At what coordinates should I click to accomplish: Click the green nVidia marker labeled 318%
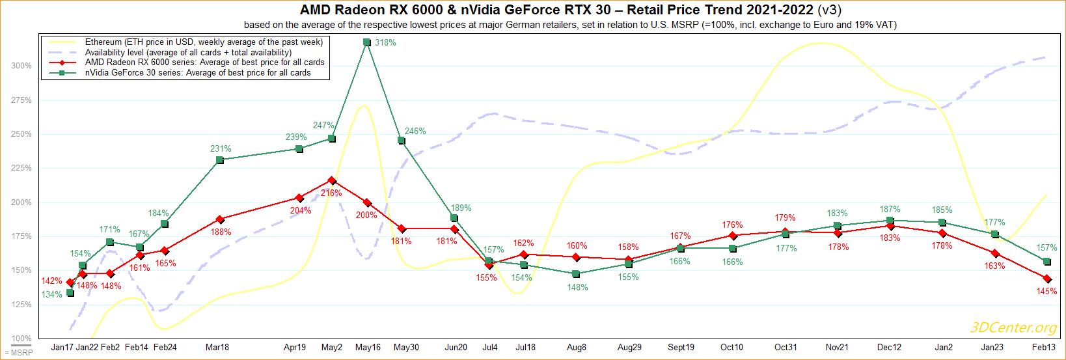(367, 42)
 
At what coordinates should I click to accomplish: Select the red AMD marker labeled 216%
(332, 180)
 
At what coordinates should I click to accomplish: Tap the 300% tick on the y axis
(21, 66)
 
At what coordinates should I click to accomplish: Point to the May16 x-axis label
(368, 348)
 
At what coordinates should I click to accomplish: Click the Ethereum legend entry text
(204, 42)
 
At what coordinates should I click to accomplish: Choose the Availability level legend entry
(188, 53)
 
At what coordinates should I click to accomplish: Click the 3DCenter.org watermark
(1013, 327)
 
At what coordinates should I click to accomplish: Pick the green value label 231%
(221, 149)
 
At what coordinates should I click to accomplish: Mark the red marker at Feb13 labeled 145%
(1047, 279)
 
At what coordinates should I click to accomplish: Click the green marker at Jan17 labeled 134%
(70, 293)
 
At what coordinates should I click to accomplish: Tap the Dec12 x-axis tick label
(889, 348)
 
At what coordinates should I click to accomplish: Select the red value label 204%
(301, 211)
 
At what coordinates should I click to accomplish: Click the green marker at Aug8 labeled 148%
(576, 274)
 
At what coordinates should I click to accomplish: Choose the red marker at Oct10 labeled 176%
(733, 236)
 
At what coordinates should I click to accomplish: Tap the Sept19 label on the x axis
(681, 348)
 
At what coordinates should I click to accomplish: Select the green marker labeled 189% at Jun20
(454, 218)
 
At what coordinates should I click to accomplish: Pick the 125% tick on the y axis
(21, 305)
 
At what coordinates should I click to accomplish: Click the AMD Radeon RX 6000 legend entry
(204, 62)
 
